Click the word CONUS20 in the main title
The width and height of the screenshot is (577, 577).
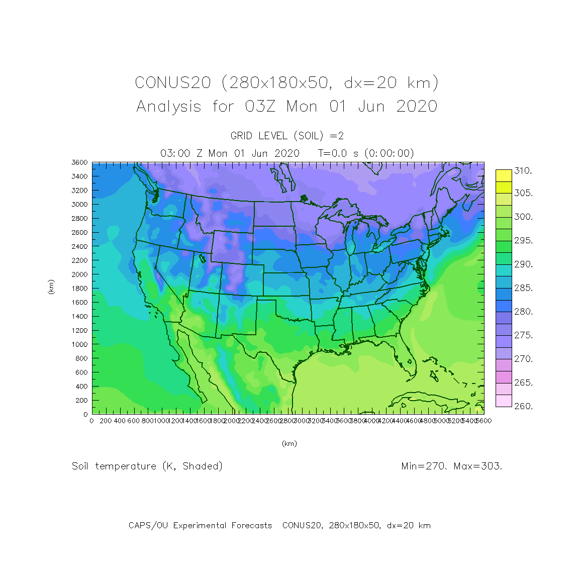click(x=173, y=82)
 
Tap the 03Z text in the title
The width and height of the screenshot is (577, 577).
click(x=260, y=107)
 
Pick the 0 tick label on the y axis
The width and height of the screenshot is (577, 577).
click(x=85, y=414)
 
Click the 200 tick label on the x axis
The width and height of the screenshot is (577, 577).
click(x=106, y=421)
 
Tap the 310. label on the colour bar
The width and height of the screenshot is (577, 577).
click(x=523, y=171)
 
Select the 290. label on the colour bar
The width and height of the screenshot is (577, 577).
click(x=523, y=264)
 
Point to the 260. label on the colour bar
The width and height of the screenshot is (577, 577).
click(x=523, y=406)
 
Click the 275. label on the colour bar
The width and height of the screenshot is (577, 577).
click(x=523, y=335)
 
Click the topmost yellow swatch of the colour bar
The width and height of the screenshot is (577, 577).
click(x=504, y=175)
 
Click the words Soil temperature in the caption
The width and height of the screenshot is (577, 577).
click(x=114, y=466)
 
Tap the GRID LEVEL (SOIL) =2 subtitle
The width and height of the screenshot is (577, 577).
click(x=287, y=136)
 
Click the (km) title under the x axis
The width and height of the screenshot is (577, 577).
click(x=289, y=443)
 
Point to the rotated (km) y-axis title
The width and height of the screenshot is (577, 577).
click(x=51, y=287)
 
